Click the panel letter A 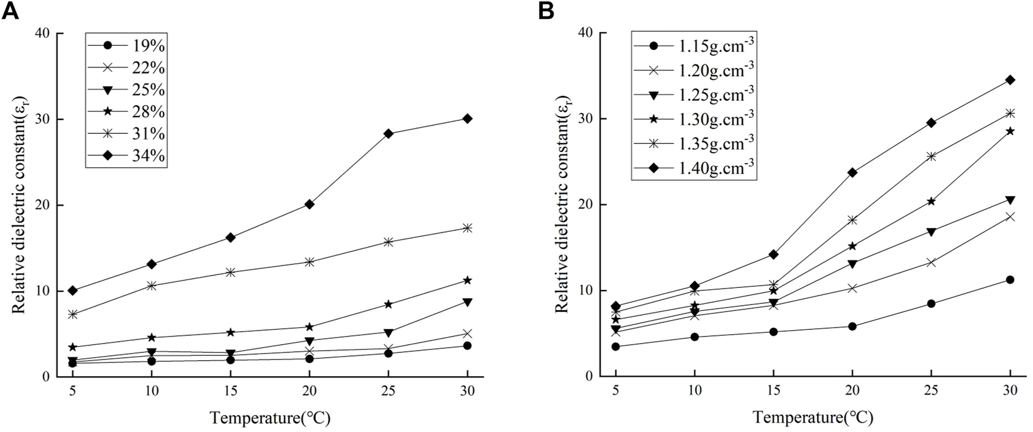click(x=11, y=11)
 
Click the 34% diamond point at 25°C click(x=388, y=134)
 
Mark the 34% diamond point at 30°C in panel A click(x=467, y=119)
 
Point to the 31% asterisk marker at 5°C click(x=73, y=314)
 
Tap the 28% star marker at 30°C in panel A click(x=467, y=280)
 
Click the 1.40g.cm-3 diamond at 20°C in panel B click(x=852, y=172)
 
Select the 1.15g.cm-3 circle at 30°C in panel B click(x=1010, y=280)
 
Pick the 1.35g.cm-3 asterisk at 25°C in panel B click(x=931, y=156)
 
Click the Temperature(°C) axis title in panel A click(x=270, y=418)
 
